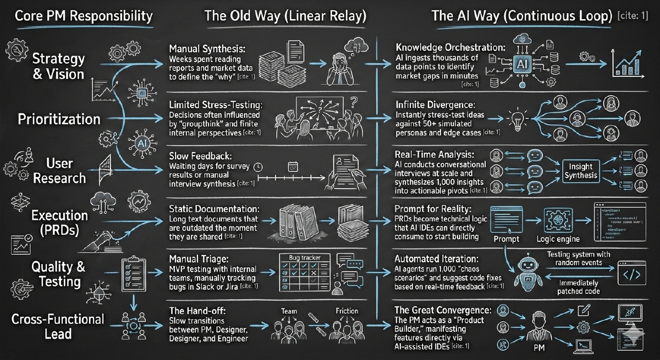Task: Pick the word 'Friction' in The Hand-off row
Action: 347,312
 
